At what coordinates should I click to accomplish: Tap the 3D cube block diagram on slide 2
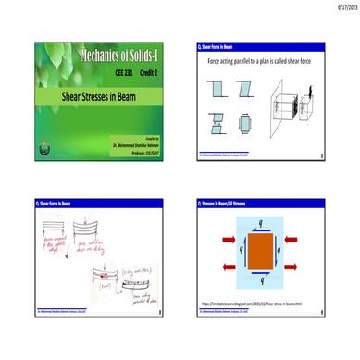(x=302, y=107)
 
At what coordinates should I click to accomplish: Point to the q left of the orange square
(x=241, y=248)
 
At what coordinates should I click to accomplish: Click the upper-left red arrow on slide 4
(x=228, y=239)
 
